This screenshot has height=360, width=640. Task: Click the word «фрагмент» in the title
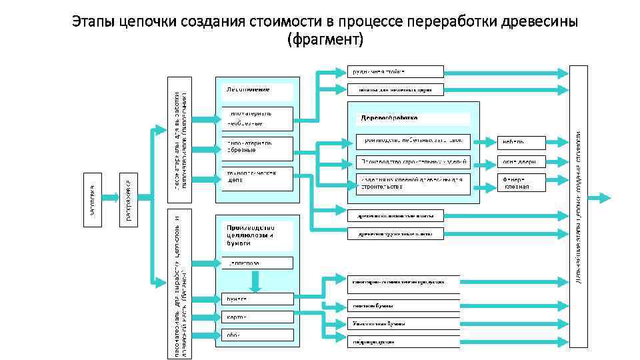point(325,40)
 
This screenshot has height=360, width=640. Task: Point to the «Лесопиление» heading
point(248,89)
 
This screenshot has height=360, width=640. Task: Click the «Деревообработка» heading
point(390,117)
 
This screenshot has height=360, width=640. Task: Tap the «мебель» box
point(521,142)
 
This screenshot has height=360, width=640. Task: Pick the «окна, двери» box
point(521,162)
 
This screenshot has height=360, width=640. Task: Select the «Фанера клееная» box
point(521,183)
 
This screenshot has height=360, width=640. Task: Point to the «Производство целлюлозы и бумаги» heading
point(253,235)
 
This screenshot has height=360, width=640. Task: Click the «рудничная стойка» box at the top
point(395,71)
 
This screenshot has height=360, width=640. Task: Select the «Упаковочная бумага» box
point(403,323)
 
